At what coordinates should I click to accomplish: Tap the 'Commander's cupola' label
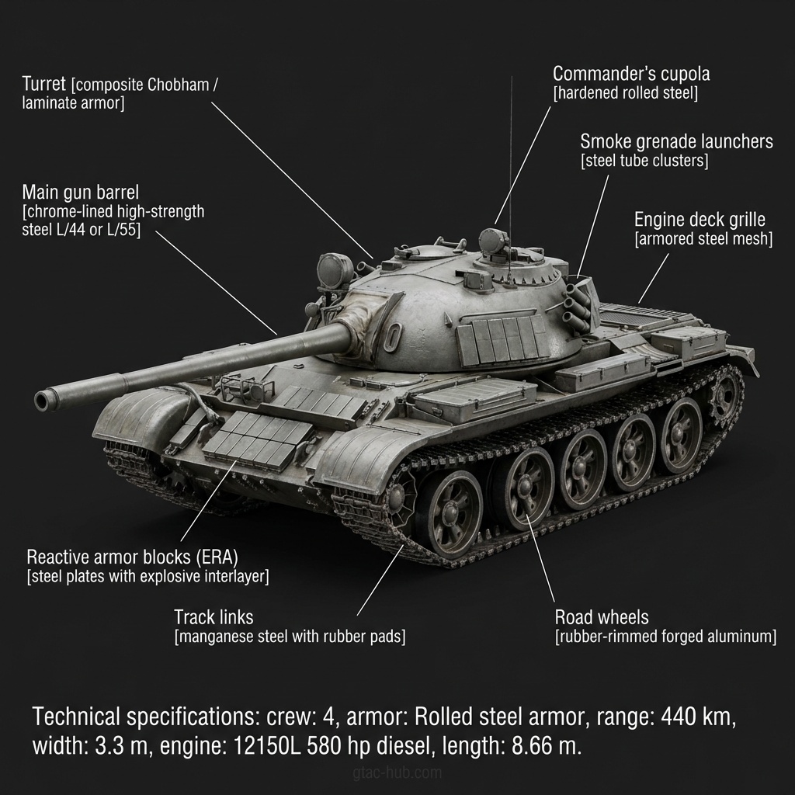tap(631, 75)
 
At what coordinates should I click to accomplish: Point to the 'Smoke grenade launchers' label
tap(676, 141)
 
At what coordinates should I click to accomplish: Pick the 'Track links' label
tap(214, 617)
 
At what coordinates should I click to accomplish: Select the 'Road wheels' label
tap(601, 618)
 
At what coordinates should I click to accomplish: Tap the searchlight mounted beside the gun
tap(330, 271)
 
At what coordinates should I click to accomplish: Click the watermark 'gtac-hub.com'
tap(396, 772)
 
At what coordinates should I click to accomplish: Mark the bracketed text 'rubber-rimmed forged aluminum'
tap(665, 637)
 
